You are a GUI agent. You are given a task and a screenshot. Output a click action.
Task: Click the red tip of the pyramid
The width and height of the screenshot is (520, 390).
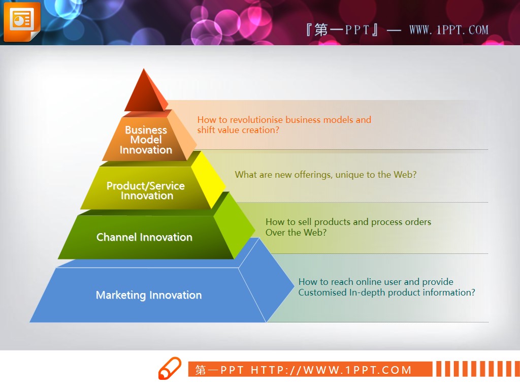click(x=145, y=91)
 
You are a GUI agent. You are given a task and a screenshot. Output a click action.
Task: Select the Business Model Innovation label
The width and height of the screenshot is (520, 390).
click(x=146, y=140)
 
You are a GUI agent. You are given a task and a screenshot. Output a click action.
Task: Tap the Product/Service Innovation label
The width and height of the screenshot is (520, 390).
click(x=146, y=191)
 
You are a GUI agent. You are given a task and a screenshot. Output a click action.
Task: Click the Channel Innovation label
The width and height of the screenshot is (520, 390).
click(x=144, y=237)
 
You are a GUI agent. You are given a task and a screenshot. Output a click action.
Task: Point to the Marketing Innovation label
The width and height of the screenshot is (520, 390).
click(x=149, y=295)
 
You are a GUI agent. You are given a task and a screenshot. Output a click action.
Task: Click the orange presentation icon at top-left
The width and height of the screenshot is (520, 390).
click(x=22, y=22)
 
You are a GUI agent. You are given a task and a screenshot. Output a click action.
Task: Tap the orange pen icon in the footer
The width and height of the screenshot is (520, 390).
click(x=170, y=368)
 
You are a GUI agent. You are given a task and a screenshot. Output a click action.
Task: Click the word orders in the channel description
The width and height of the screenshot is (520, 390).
click(x=417, y=222)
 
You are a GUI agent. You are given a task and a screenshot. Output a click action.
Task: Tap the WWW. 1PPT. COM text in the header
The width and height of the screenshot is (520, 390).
click(x=449, y=30)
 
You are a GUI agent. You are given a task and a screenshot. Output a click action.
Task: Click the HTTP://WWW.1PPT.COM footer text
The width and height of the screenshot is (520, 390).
click(x=331, y=370)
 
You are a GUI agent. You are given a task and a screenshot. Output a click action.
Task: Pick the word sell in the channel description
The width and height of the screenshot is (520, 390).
click(x=305, y=222)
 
